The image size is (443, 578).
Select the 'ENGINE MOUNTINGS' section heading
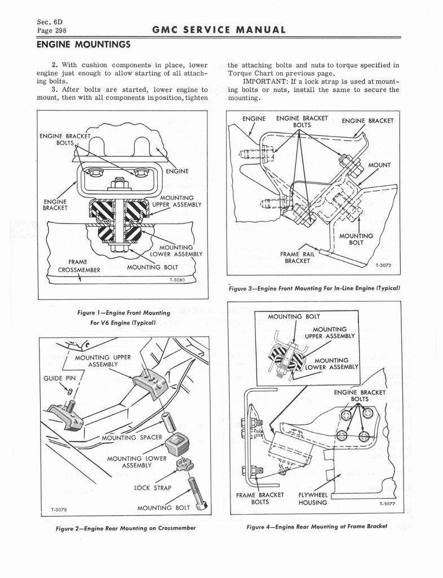[x=83, y=44]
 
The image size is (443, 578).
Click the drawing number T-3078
[x=57, y=509]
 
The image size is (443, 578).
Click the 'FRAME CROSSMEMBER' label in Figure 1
[x=79, y=266]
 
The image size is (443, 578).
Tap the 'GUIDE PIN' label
[x=56, y=378]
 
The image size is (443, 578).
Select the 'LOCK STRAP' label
[x=153, y=487]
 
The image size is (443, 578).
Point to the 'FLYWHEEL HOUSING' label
[x=313, y=498]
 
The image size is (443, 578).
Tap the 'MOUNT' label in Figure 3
[x=379, y=165]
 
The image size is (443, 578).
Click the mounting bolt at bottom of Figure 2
[x=197, y=493]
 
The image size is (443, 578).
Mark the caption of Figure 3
[x=314, y=288]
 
